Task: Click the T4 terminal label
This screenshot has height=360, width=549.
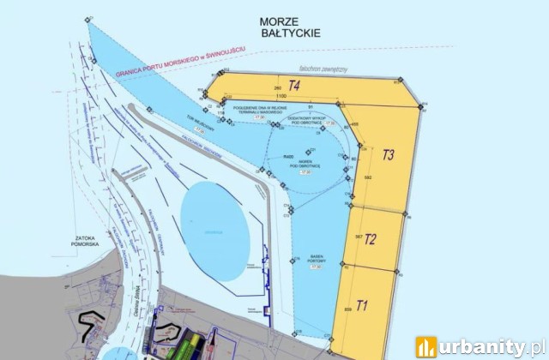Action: [293, 85]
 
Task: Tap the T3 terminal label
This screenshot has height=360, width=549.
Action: [388, 155]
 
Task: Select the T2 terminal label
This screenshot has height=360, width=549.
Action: [371, 239]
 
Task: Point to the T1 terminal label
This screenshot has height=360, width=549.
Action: [362, 304]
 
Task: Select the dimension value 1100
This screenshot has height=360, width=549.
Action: [280, 97]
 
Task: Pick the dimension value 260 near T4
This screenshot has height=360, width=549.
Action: [277, 88]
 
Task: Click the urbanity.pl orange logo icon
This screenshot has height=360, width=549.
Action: [426, 346]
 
